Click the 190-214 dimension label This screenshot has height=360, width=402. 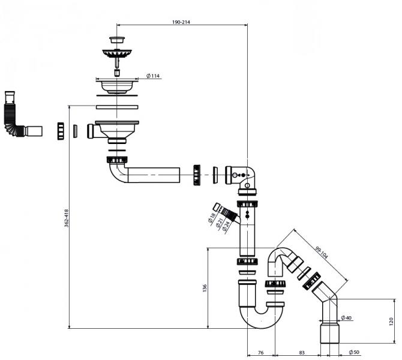[x=181, y=22]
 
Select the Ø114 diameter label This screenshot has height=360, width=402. [x=153, y=76]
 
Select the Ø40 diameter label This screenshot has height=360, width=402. [x=346, y=317]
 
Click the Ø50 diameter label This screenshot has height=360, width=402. [x=354, y=351]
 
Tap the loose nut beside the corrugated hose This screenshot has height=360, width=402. [x=60, y=131]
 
